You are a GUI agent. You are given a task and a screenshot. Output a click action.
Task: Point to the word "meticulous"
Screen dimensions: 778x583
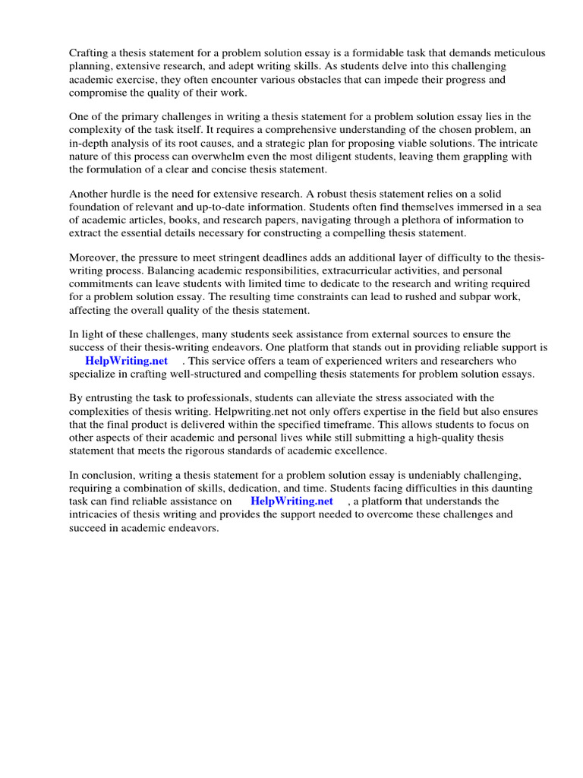tap(517, 53)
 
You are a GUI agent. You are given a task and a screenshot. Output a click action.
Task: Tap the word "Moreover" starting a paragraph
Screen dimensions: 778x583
tap(93, 258)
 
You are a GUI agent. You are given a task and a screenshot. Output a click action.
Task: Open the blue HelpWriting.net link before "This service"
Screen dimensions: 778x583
tap(126, 361)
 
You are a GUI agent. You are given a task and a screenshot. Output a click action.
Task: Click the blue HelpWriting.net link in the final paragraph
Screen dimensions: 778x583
tap(291, 501)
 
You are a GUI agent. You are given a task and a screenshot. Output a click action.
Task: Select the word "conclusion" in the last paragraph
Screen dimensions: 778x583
tap(107, 475)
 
